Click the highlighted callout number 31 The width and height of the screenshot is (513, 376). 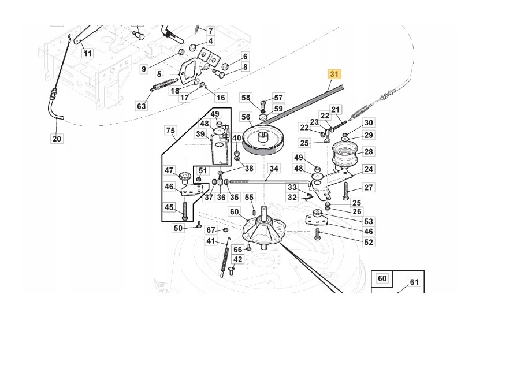click(x=334, y=74)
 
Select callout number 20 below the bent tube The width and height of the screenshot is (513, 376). click(x=56, y=139)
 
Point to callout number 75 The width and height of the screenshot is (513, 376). click(x=171, y=131)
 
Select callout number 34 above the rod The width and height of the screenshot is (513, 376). click(x=274, y=169)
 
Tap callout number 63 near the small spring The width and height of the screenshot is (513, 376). click(x=142, y=106)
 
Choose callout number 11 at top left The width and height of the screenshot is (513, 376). click(x=87, y=53)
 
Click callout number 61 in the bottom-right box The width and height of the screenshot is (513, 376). click(x=414, y=282)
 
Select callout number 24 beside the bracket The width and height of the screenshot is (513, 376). click(x=369, y=169)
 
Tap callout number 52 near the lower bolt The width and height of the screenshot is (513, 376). click(x=368, y=242)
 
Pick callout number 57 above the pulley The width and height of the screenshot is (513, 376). click(x=278, y=98)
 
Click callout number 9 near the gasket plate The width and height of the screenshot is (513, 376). click(x=144, y=69)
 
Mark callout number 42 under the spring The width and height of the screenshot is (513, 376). click(x=237, y=260)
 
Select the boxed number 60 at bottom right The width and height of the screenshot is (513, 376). click(x=382, y=278)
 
